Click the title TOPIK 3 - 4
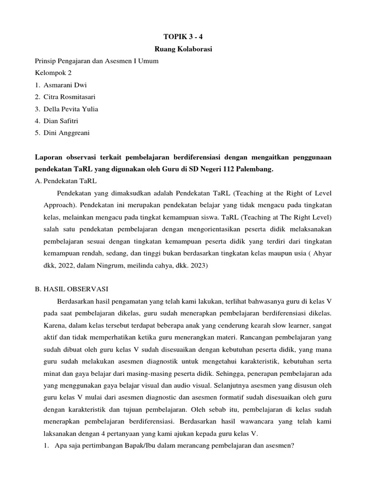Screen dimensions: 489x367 tap(183, 36)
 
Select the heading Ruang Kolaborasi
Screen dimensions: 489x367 tap(183, 48)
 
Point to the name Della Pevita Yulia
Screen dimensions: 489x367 tap(73, 109)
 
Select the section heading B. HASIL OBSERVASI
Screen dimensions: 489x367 tap(72, 289)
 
